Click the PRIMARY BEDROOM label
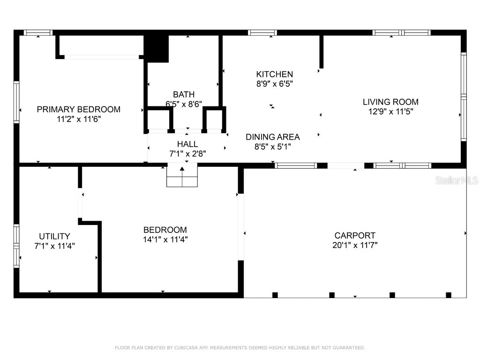point(79,109)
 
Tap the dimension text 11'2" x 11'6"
point(79,119)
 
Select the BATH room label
point(184,94)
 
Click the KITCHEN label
point(274,74)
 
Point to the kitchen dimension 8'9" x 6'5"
point(274,84)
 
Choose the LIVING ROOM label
point(390,102)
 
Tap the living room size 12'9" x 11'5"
point(390,112)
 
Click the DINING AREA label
point(273,137)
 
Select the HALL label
point(187,144)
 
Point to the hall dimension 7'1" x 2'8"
point(187,153)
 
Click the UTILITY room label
point(54,236)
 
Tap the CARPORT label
point(355,235)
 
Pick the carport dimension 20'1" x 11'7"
point(355,245)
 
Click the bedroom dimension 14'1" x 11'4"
point(165,240)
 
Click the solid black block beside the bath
point(156,48)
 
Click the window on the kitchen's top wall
point(262,33)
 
